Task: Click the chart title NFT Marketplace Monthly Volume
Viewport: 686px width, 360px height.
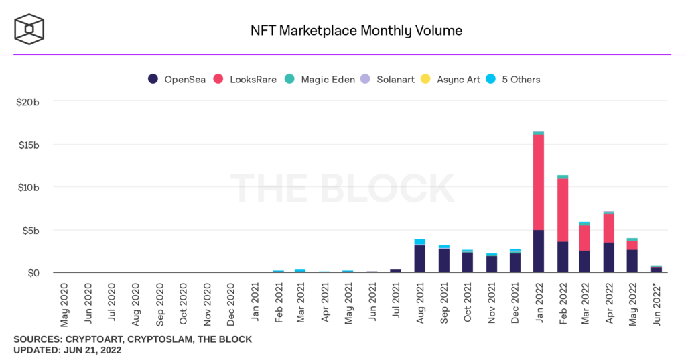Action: click(x=356, y=31)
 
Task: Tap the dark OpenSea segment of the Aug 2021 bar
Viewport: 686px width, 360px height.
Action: click(x=419, y=258)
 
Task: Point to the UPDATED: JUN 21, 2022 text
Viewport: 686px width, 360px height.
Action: click(x=67, y=350)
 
